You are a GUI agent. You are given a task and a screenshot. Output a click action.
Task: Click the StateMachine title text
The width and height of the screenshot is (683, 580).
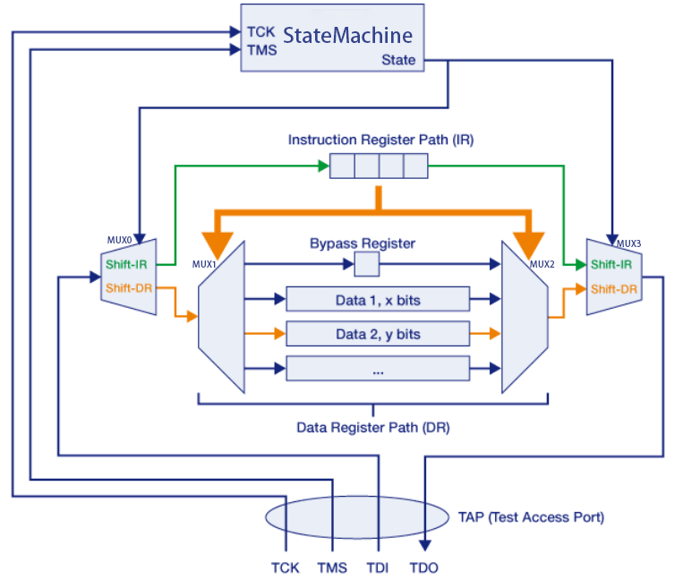coord(347,36)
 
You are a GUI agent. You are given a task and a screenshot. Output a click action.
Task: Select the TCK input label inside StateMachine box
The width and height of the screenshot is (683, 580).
coord(260,31)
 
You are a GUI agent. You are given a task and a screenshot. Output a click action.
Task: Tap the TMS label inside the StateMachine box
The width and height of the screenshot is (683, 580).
coord(262,50)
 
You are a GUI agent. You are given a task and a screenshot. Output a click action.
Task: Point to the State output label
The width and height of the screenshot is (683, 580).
coord(398,60)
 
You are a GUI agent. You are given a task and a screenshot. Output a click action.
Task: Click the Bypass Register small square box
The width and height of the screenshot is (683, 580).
coord(367,264)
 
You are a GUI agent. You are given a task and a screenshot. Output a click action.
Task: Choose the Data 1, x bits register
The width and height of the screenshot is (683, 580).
coord(377,300)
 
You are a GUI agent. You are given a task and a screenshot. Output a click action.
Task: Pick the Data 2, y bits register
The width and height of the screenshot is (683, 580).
coord(377,334)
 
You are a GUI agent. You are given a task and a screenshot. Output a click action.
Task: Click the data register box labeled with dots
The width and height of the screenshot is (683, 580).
coord(377,368)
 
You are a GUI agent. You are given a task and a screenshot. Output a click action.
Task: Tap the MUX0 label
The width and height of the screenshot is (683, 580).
coord(118,242)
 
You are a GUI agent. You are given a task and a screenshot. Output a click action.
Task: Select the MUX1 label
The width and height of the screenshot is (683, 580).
coord(205,265)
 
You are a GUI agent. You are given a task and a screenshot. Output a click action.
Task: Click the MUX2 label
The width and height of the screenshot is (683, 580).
coord(542,264)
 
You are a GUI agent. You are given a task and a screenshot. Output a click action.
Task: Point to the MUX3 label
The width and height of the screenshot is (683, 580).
coord(629,243)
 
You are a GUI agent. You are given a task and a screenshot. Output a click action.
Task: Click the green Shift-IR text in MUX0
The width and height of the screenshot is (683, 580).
coord(127,265)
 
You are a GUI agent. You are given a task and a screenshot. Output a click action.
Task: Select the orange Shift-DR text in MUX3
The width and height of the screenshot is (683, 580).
coord(613,288)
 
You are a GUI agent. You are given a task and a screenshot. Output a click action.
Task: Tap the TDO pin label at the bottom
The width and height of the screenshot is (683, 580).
coord(424,567)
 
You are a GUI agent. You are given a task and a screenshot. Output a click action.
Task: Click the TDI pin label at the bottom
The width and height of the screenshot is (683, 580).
coord(377,567)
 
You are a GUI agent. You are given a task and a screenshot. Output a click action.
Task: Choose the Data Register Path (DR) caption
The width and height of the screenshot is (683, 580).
coord(373,427)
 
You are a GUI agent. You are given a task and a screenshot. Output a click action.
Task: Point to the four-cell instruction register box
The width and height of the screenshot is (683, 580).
coord(379,166)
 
